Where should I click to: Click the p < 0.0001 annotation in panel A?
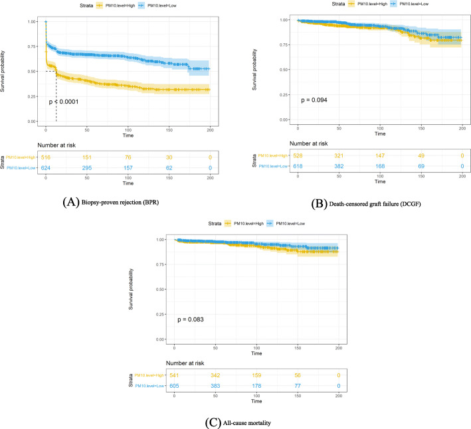68,102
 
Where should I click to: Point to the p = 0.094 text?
316,100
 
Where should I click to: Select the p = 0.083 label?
191,320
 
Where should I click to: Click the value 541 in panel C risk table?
175,375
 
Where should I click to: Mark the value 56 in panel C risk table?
298,375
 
